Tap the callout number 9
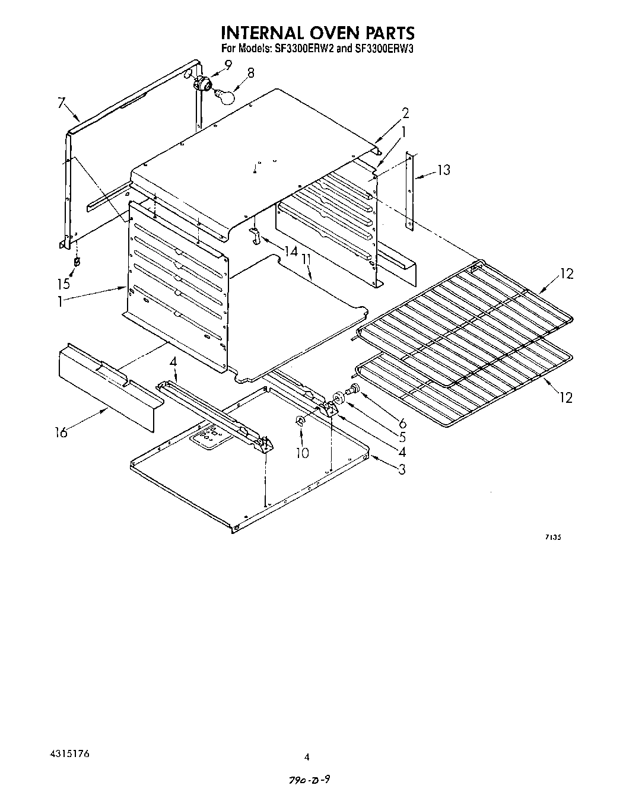(x=228, y=65)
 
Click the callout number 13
(x=443, y=171)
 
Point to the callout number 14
(x=290, y=252)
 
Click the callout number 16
(x=62, y=432)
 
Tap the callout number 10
(x=303, y=453)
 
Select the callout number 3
(x=402, y=470)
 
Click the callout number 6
(x=402, y=423)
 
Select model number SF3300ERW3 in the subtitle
(x=383, y=49)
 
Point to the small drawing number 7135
(x=552, y=537)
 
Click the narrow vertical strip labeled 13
(x=409, y=190)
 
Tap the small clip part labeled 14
(x=255, y=236)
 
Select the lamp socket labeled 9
(x=205, y=84)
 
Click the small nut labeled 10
(x=301, y=422)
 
